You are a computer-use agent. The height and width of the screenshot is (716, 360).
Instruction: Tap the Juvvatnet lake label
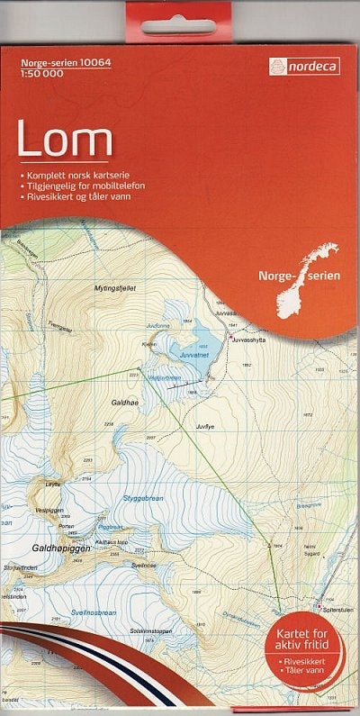193,355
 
